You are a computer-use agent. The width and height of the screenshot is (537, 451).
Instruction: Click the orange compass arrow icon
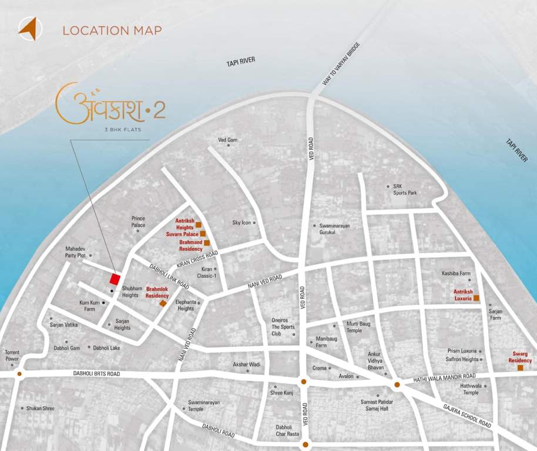click(28, 28)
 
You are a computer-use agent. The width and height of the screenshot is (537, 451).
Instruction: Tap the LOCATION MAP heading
click(112, 31)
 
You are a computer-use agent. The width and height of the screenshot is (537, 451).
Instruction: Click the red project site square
click(115, 278)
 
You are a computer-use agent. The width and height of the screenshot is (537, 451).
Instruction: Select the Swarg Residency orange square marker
click(521, 368)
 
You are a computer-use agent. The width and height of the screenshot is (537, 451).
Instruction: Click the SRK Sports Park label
click(405, 189)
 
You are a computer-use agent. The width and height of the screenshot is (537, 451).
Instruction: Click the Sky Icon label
click(241, 223)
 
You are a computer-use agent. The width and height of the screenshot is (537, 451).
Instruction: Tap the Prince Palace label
click(138, 221)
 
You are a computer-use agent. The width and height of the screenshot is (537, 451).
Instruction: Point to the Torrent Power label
click(12, 355)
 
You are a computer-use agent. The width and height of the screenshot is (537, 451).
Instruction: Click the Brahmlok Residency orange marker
click(163, 304)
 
